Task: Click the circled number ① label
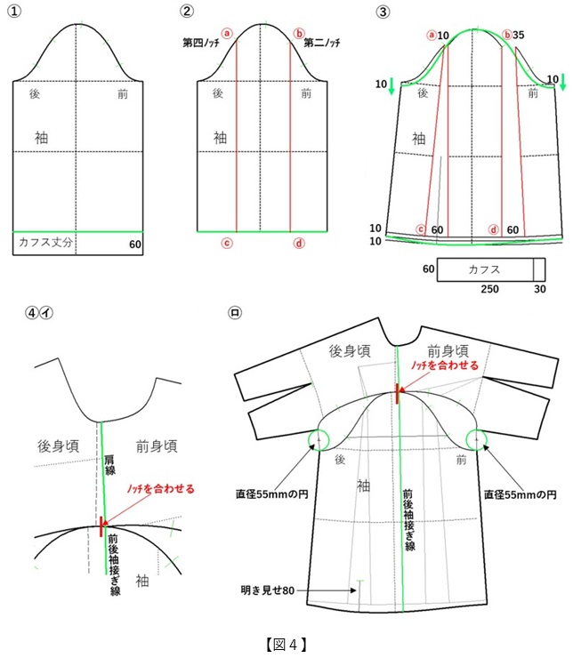14,11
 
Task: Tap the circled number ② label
187,11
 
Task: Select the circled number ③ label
383,12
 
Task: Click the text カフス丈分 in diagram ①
45,242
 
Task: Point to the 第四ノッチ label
201,43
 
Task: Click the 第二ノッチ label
322,43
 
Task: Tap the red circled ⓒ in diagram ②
227,244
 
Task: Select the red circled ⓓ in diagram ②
299,244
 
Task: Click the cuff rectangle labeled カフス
491,269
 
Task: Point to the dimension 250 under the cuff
489,289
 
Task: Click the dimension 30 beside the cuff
540,289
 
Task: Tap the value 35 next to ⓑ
519,35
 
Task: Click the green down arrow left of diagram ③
391,85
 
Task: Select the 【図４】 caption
286,644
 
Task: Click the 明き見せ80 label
268,590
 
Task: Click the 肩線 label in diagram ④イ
110,465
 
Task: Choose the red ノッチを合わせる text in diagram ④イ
161,489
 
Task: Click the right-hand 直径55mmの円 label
521,494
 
